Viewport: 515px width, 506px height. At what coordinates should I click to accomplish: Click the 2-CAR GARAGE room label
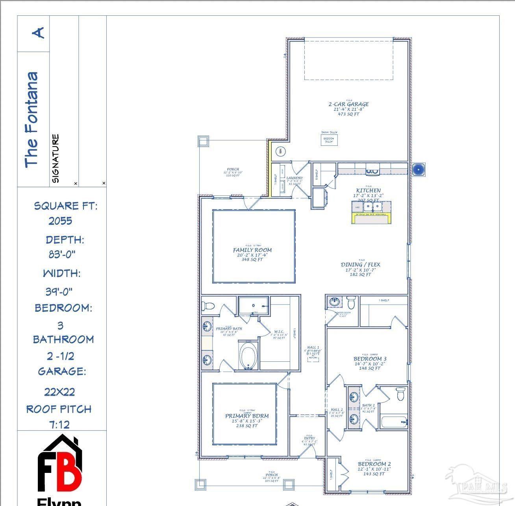pos(348,104)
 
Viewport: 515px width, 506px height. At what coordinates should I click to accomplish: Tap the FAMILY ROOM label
pos(252,250)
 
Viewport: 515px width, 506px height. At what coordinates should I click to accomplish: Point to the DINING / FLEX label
pos(360,265)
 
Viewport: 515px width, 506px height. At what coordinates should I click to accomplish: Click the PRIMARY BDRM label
pos(247,416)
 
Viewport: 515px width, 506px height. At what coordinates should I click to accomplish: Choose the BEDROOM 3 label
pos(370,359)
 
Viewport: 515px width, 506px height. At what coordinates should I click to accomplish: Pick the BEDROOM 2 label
pos(374,464)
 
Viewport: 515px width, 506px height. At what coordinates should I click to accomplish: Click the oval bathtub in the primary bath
pos(248,355)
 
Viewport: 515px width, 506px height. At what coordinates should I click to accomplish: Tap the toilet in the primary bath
pos(208,306)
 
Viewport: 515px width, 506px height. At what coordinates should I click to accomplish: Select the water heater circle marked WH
pos(281,151)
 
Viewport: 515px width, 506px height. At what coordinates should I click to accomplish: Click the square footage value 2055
pos(60,221)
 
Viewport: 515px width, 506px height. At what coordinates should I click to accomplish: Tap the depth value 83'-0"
pos(62,255)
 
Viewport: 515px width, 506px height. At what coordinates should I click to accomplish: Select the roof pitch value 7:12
pos(59,425)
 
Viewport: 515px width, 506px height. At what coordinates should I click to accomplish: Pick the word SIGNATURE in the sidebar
pos(56,158)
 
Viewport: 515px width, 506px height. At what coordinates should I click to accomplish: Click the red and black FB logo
pos(60,465)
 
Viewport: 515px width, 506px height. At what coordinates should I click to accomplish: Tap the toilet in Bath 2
pos(400,394)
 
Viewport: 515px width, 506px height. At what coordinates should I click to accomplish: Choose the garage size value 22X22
pos(59,392)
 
